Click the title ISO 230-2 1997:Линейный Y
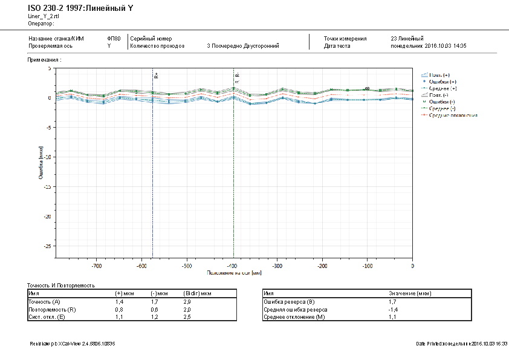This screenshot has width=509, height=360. [x=80, y=8]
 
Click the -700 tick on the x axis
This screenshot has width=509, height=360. [x=96, y=266]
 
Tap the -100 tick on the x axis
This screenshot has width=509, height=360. [x=366, y=266]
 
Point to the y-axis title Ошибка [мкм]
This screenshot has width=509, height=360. [x=41, y=163]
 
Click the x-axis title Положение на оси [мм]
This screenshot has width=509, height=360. [x=234, y=273]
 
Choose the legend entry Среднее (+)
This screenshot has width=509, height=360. [x=442, y=88]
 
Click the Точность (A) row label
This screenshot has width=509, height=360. [x=44, y=301]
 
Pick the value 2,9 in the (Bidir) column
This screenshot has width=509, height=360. [x=187, y=301]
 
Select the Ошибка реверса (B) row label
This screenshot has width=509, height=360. [x=289, y=301]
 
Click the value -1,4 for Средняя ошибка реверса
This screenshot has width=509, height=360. [x=392, y=309]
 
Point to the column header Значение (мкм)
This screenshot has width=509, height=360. [x=410, y=293]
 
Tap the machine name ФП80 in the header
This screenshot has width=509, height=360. [x=113, y=38]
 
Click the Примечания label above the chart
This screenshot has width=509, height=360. [x=45, y=61]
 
